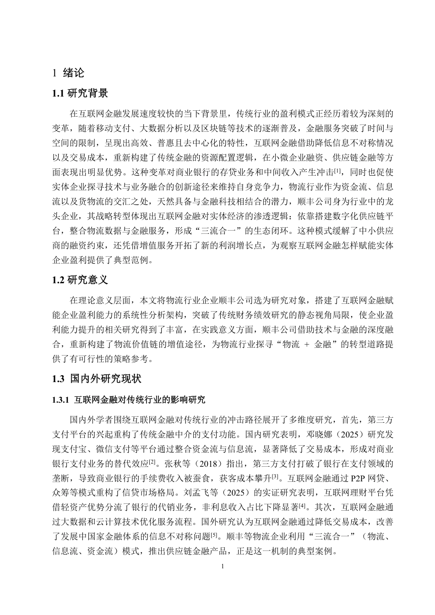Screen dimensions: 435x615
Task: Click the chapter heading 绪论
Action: click(74, 73)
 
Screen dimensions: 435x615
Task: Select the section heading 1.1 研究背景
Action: click(80, 94)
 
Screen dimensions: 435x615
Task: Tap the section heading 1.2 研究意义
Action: click(80, 280)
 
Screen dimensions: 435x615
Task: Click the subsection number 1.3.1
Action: click(61, 400)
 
